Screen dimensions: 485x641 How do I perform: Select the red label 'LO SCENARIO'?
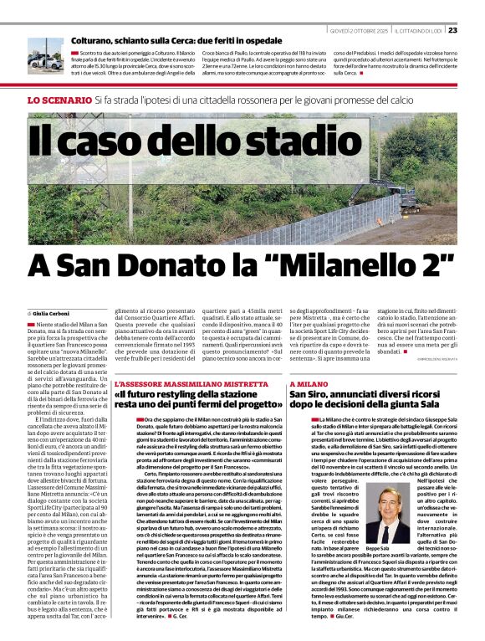59,100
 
